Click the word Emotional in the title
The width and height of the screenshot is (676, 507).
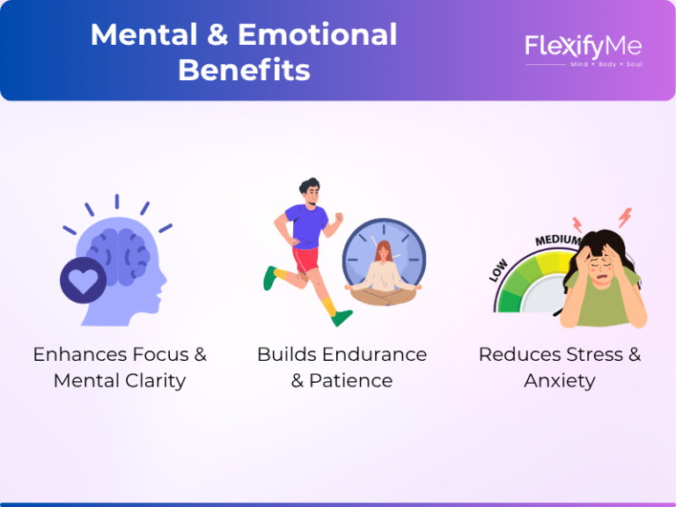317,34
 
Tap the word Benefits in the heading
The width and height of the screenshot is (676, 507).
245,70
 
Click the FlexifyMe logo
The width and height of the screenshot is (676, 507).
584,48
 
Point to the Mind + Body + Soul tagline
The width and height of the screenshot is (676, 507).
606,64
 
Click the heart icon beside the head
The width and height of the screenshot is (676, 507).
84,280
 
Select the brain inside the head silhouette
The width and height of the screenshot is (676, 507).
118,256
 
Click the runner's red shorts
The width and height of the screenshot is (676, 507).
305,260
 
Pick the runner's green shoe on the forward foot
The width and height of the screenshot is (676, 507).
342,318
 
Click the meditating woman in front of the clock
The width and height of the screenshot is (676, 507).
383,274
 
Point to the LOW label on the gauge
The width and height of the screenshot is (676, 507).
498,271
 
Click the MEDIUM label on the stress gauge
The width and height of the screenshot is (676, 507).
557,240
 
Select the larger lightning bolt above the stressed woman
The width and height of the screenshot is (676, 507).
625,217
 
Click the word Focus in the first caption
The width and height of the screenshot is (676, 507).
160,355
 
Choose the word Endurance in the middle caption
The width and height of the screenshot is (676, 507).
375,355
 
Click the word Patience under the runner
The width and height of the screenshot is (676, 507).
351,380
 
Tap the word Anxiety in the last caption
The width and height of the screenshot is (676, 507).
560,381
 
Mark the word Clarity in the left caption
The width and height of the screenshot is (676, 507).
156,381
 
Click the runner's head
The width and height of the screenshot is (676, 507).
311,192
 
